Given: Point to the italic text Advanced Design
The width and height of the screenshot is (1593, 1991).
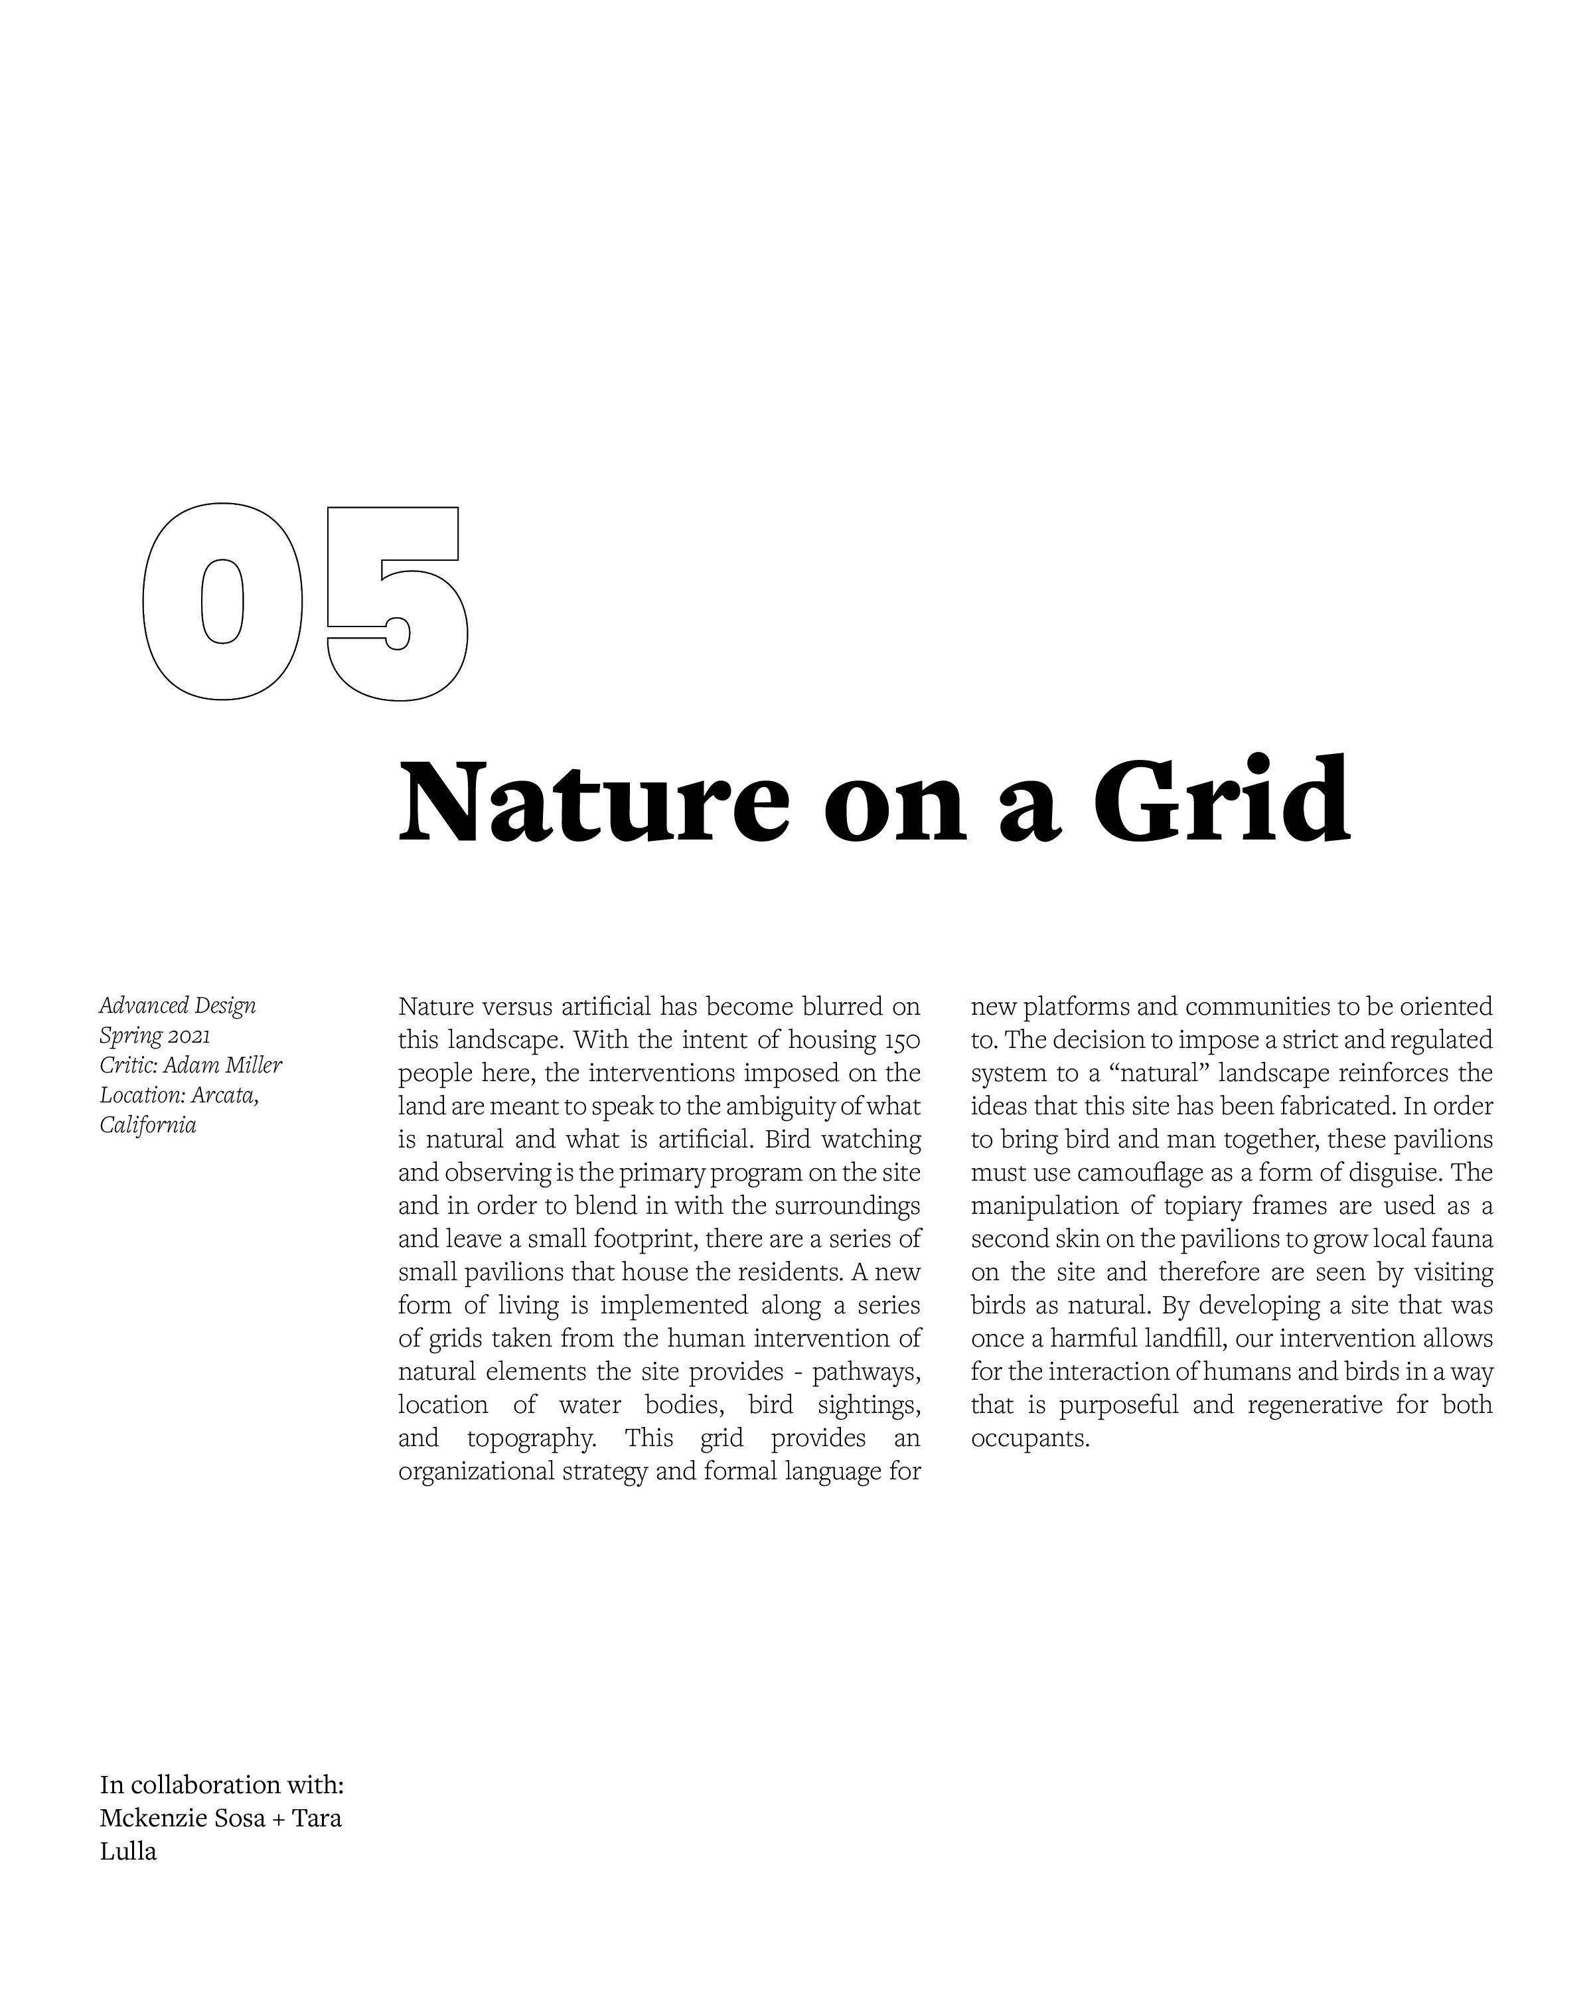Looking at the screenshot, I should point(177,1005).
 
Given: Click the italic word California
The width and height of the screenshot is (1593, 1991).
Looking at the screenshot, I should point(148,1126).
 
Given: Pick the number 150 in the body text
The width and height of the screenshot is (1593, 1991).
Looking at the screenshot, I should point(901,1041).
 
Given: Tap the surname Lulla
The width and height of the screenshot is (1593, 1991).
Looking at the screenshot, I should point(128,1852).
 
